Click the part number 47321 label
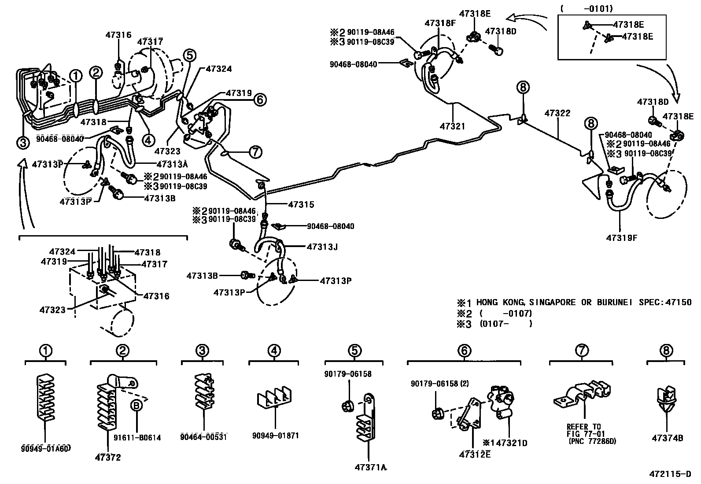[x=452, y=126]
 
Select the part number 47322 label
[x=557, y=113]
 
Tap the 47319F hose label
[x=622, y=238]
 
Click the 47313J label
[x=322, y=247]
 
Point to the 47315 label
[x=301, y=205]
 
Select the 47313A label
[x=172, y=164]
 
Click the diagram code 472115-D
[x=670, y=474]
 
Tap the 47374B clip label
[x=667, y=438]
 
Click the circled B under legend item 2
[x=137, y=406]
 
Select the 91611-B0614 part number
[x=137, y=438]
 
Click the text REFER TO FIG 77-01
[x=583, y=430]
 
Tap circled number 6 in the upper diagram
[x=260, y=100]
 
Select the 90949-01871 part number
[x=276, y=436]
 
